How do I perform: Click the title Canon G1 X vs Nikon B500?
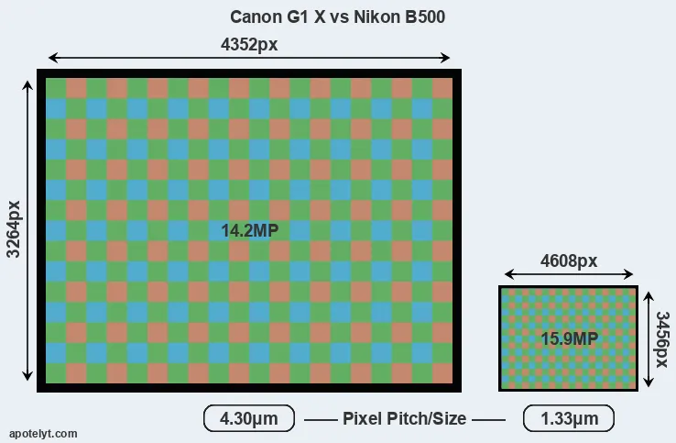pos(337,17)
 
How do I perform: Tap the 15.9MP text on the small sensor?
pos(569,339)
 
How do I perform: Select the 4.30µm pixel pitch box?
pos(249,418)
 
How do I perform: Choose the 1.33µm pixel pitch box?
pos(569,418)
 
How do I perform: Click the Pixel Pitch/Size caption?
pos(404,418)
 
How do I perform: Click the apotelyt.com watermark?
pos(43,434)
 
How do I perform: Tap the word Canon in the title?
pos(255,17)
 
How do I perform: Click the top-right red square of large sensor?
pos(442,89)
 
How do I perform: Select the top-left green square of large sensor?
pos(56,89)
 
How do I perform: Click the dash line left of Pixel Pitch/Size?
pos(321,419)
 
